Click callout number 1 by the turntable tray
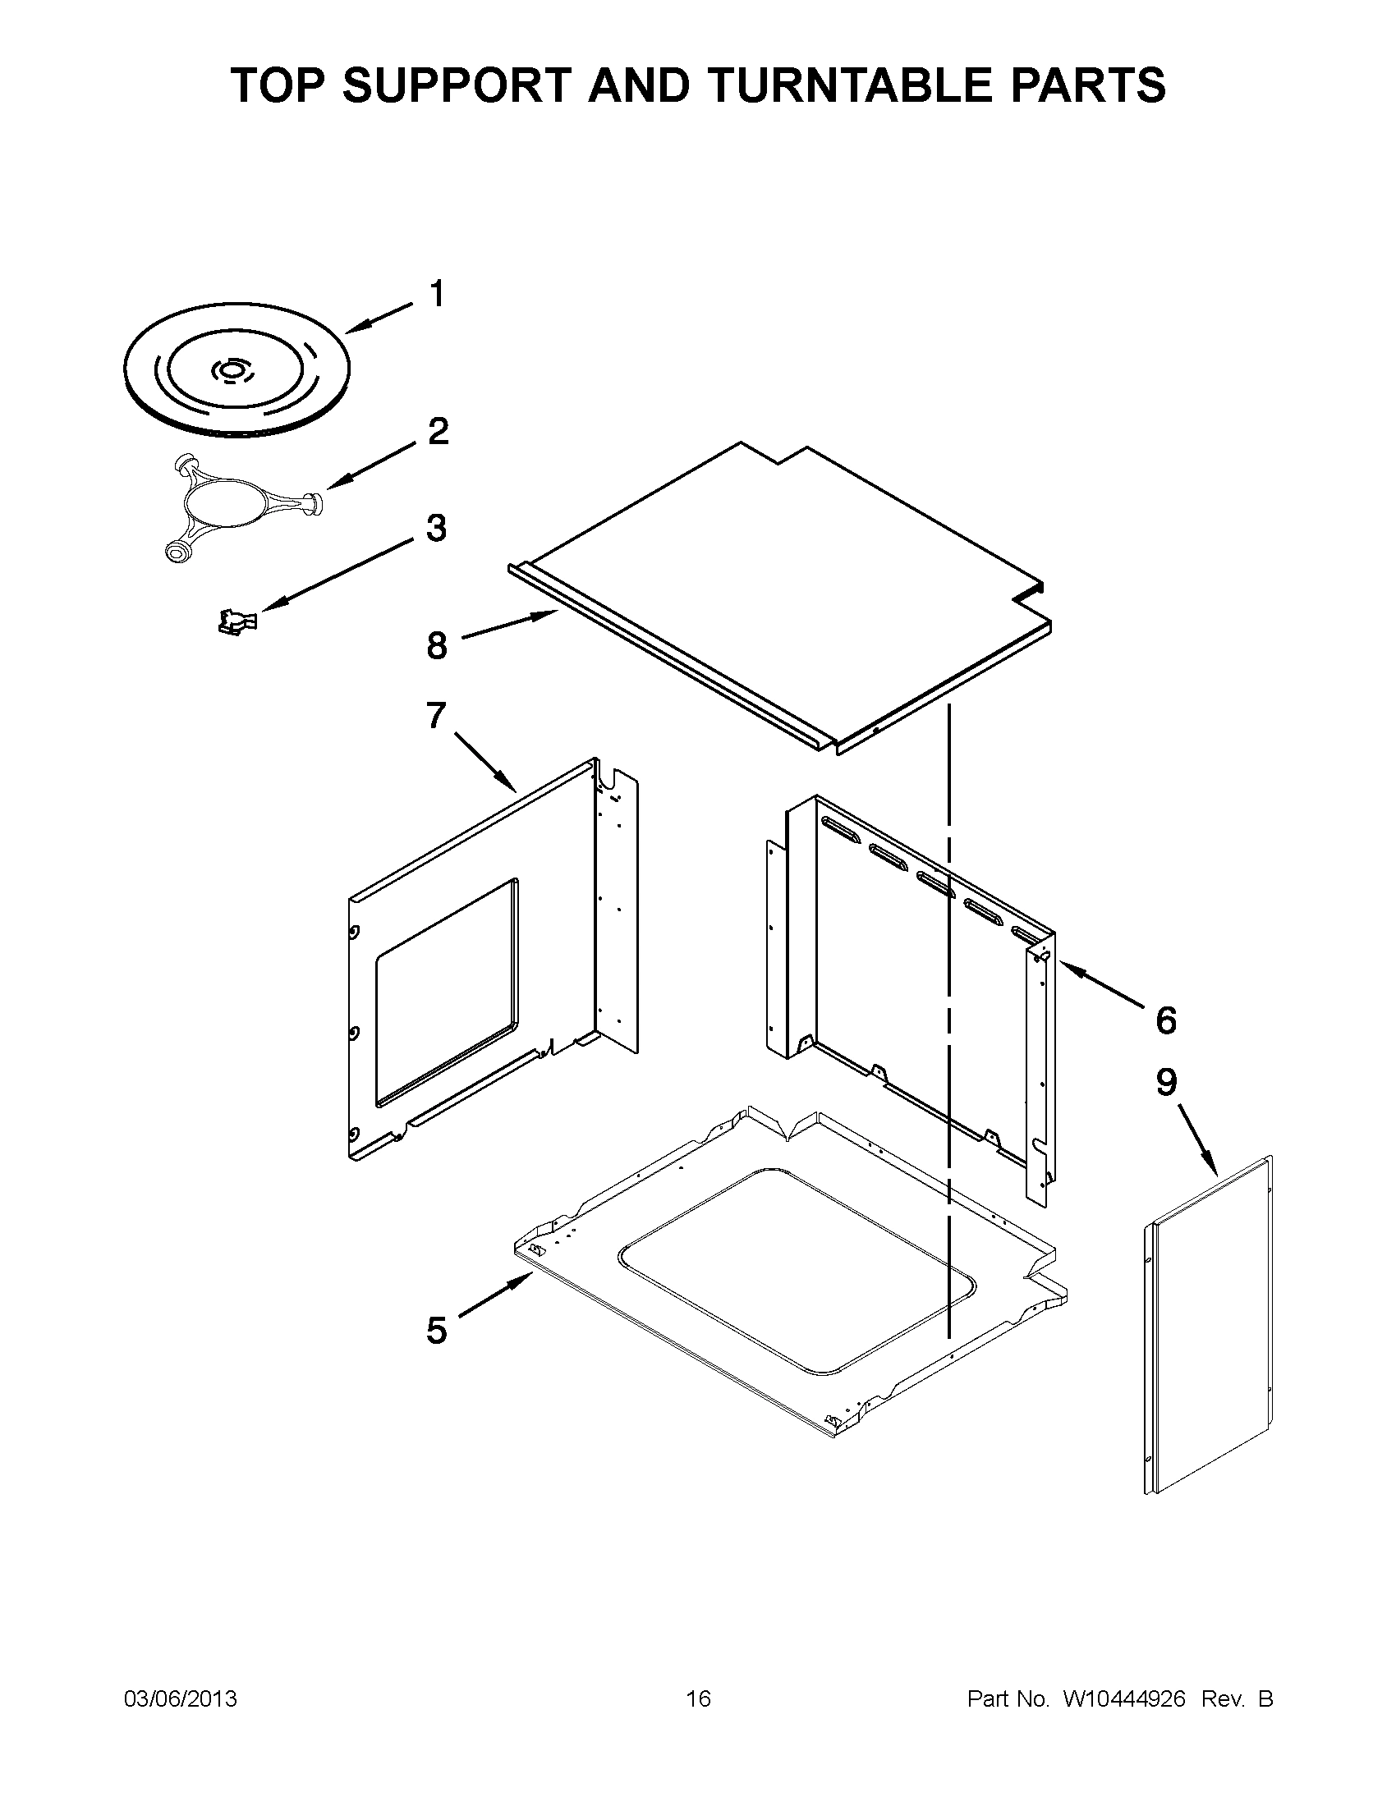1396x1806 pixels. click(x=437, y=295)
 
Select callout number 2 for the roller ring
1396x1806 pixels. click(x=438, y=431)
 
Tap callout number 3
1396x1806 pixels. click(x=436, y=528)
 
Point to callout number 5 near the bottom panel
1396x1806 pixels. click(x=436, y=1331)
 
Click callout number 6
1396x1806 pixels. click(x=1165, y=1020)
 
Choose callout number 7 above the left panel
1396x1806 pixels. click(x=436, y=715)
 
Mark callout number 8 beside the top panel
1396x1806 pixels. click(x=437, y=646)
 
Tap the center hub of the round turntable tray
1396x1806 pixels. click(x=232, y=371)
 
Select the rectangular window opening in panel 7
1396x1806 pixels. click(x=447, y=992)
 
